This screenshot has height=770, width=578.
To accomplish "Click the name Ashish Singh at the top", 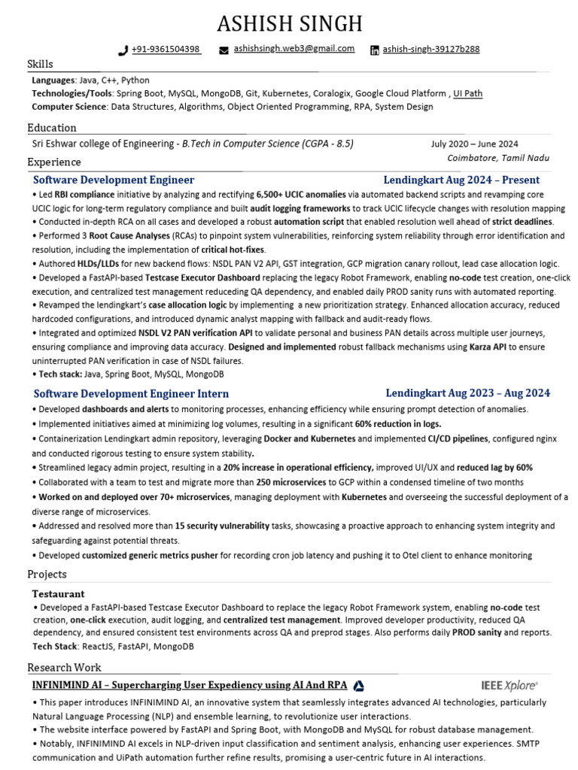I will (x=289, y=23).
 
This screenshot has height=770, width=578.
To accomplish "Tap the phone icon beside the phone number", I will (x=123, y=50).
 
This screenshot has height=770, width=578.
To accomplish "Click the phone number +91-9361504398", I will (x=166, y=50).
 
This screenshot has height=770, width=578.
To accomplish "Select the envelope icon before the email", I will (x=224, y=50).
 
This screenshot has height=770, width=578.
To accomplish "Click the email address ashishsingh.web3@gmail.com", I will (x=294, y=49).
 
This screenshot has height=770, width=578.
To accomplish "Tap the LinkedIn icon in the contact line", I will (x=375, y=50).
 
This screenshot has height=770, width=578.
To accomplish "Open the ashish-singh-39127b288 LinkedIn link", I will (x=431, y=50).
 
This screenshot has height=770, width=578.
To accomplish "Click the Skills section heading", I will (x=41, y=65).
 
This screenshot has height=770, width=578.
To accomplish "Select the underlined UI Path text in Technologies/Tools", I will (x=467, y=94).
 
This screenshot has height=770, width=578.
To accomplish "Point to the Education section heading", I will (x=52, y=128).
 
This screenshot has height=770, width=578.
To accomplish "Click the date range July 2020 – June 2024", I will (x=474, y=144).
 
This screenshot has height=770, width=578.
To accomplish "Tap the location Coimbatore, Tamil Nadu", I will (x=498, y=159).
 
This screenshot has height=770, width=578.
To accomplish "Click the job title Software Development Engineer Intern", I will (x=131, y=393).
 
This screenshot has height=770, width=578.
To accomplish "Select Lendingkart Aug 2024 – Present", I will (x=461, y=180).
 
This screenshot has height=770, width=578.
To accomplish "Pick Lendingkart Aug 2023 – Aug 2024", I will (x=467, y=393).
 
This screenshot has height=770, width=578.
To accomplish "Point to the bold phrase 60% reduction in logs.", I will (x=398, y=424).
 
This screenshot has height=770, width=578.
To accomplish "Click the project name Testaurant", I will (x=59, y=594).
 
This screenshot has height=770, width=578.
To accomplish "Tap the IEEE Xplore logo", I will (x=510, y=685).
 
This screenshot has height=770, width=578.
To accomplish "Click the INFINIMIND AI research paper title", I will (x=189, y=685).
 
